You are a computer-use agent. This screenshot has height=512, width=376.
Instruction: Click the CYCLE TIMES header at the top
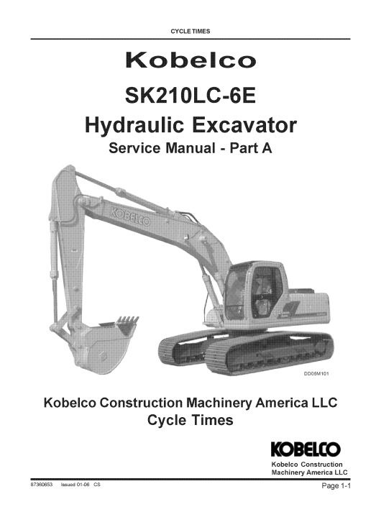click(x=191, y=32)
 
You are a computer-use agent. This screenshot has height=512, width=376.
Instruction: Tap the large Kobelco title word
click(x=191, y=60)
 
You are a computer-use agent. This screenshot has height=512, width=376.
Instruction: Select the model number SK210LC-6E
click(x=191, y=96)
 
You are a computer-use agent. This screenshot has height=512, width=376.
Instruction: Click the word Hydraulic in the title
click(x=134, y=126)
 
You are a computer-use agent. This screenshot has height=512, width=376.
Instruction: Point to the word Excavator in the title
click(x=244, y=126)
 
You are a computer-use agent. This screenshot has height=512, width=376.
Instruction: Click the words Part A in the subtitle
click(x=251, y=148)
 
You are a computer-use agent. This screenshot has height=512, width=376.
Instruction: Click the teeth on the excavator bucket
click(x=129, y=320)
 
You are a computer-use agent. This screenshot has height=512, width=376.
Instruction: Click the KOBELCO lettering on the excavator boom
click(x=131, y=216)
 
